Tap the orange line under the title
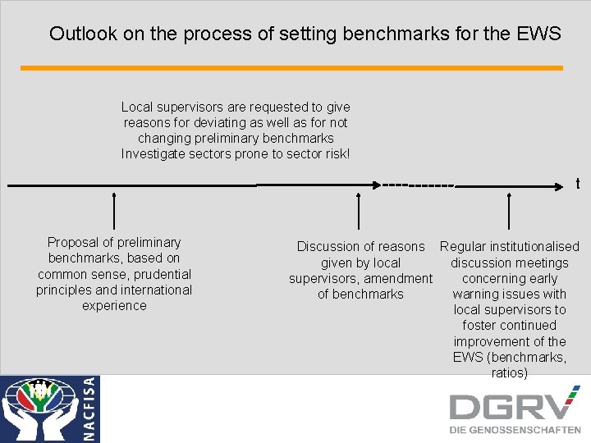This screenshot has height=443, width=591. pos(291,68)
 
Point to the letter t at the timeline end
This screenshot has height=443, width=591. pos(578,185)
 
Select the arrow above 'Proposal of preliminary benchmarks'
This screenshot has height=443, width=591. pos(114,210)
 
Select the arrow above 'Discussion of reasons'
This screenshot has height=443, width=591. pos(360,210)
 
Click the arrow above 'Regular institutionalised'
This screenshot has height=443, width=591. pos(510,210)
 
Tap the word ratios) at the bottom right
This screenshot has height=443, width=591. pos(510,372)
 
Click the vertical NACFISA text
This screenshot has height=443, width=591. pos(90,409)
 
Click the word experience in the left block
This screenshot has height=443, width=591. pos(114,305)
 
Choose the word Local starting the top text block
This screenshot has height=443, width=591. pos(137,107)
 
